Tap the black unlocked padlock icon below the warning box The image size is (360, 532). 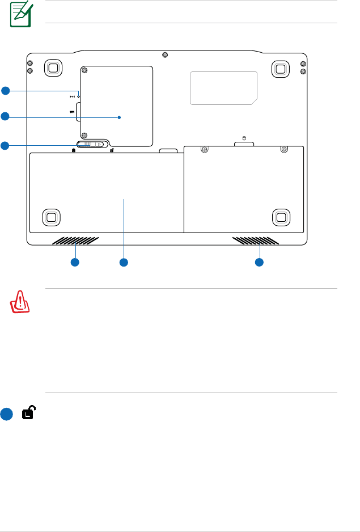click(x=27, y=414)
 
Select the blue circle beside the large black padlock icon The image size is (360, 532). click(x=6, y=414)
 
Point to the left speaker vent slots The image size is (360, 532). click(x=75, y=241)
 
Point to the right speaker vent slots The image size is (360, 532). click(x=256, y=241)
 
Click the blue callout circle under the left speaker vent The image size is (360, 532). click(x=75, y=262)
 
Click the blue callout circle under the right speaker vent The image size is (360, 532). click(x=259, y=262)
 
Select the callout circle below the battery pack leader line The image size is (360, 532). click(x=124, y=262)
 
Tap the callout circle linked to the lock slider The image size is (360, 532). click(x=5, y=146)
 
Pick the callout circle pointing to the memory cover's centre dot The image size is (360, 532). click(x=5, y=117)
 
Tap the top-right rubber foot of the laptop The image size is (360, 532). click(x=279, y=67)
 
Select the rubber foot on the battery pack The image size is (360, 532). click(x=51, y=216)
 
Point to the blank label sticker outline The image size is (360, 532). click(x=223, y=88)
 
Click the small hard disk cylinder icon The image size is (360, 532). click(x=245, y=138)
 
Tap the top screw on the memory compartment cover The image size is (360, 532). click(x=84, y=71)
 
